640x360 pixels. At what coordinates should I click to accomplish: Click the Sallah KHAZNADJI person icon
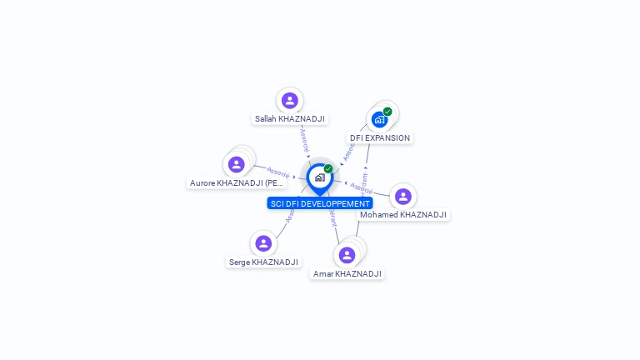coord(289,101)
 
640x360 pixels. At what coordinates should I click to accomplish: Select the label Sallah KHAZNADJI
coord(289,119)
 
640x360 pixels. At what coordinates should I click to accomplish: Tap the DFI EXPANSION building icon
coord(379,119)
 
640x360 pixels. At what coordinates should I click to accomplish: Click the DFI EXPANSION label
coord(380,138)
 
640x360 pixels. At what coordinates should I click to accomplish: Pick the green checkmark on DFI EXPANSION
coord(387,112)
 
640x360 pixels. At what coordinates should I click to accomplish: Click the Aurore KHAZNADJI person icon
coord(236,164)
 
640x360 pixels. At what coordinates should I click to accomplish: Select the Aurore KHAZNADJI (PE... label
coord(237,183)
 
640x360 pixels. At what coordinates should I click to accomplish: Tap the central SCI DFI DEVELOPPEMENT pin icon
coord(319,177)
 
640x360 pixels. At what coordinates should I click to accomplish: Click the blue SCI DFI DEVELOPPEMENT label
coord(320,203)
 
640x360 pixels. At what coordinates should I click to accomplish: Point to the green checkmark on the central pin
coord(328,169)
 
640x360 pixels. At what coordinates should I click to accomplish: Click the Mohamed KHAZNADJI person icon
coord(403,197)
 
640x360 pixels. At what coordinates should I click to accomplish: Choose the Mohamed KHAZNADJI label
coord(403,215)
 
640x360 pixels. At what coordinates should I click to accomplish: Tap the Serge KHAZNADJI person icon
coord(263,243)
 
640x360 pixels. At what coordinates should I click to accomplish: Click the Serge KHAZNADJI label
coord(263,262)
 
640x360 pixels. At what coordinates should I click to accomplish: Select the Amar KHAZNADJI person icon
coord(347,255)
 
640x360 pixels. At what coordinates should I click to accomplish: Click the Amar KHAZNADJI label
coord(347,274)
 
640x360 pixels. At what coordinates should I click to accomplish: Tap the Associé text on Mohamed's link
coord(360,187)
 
